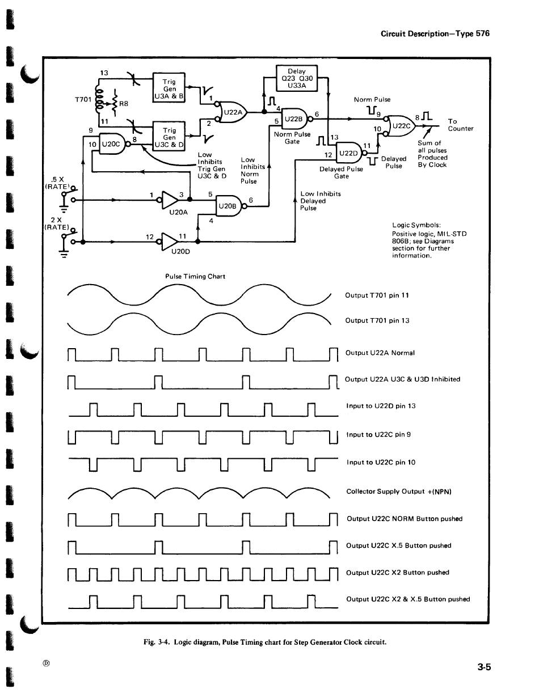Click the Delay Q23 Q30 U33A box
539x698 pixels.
point(296,78)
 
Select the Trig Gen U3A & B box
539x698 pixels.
point(169,87)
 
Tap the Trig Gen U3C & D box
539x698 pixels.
point(169,136)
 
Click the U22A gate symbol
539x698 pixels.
point(231,112)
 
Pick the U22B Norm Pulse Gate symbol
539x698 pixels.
point(295,119)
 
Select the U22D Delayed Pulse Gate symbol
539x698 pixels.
point(349,153)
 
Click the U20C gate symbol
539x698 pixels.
point(113,143)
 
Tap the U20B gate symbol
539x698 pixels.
point(229,206)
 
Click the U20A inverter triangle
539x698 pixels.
point(169,200)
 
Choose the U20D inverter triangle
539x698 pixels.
point(169,242)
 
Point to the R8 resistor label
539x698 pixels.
point(124,104)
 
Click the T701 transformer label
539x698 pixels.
point(83,100)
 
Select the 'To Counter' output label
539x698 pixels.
point(460,125)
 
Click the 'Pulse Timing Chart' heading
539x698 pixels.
point(195,277)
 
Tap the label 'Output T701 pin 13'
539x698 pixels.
point(377,320)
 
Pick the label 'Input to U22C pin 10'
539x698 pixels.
point(381,462)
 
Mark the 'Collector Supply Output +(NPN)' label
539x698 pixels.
point(398,492)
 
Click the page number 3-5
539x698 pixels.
point(484,667)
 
